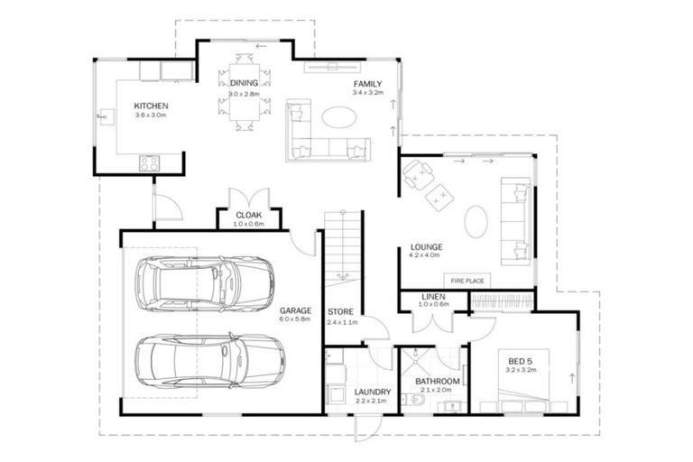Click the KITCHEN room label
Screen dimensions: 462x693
[x=151, y=106]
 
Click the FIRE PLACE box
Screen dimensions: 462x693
[x=467, y=281]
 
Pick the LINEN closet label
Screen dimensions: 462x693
[x=433, y=297]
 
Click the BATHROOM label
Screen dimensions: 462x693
[x=438, y=382]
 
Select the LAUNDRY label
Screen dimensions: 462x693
[x=372, y=392]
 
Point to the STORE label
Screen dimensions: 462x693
[x=339, y=312]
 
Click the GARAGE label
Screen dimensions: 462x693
[x=295, y=309]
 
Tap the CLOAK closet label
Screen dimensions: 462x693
[x=248, y=215]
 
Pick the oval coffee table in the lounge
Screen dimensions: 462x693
[x=477, y=219]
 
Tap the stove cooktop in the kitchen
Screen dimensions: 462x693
[x=148, y=163]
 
